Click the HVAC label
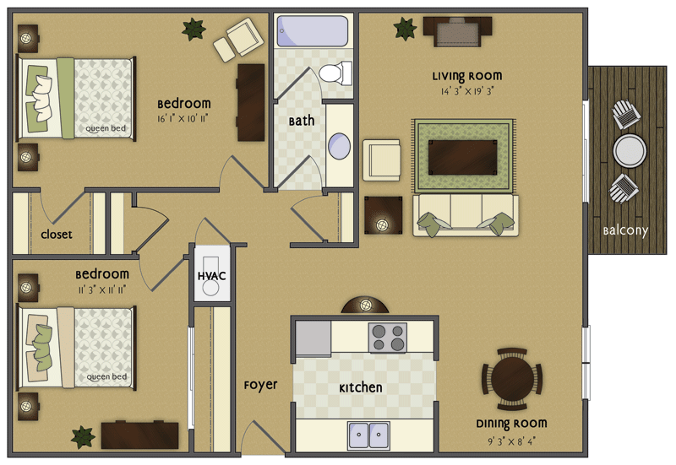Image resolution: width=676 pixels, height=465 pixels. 210,276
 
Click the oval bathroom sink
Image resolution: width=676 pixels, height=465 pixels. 339,146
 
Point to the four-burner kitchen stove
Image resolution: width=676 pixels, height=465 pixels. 388,338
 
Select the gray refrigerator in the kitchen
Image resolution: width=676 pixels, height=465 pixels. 312,338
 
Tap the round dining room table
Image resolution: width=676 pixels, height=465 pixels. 512,377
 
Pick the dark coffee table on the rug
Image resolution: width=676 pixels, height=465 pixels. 462,155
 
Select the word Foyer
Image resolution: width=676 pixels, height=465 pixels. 260,385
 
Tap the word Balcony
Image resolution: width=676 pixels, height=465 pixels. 624,230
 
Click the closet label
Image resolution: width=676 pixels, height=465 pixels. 57,235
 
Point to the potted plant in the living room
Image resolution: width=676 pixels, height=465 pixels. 405,29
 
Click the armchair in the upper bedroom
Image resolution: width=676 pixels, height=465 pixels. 237,40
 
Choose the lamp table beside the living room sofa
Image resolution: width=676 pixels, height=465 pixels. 381,216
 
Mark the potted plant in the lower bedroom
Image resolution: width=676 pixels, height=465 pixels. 83,436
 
